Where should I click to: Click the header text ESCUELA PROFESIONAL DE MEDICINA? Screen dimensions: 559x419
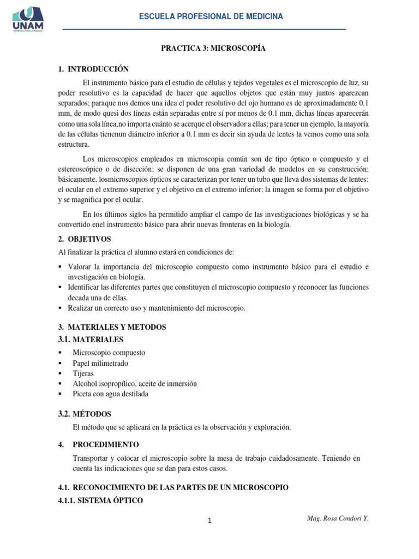coord(211,17)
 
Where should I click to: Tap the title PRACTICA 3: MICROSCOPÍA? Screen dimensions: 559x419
coord(213,49)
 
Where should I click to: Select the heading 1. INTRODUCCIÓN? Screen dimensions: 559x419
coord(93,69)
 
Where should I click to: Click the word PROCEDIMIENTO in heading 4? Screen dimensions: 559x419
coord(106,444)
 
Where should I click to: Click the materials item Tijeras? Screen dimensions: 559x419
coord(83,373)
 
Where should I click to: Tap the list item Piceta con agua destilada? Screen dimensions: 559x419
coord(110,394)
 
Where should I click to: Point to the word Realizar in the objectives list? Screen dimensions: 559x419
coord(81,308)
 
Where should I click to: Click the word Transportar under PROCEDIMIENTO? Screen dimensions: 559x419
coord(93,459)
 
